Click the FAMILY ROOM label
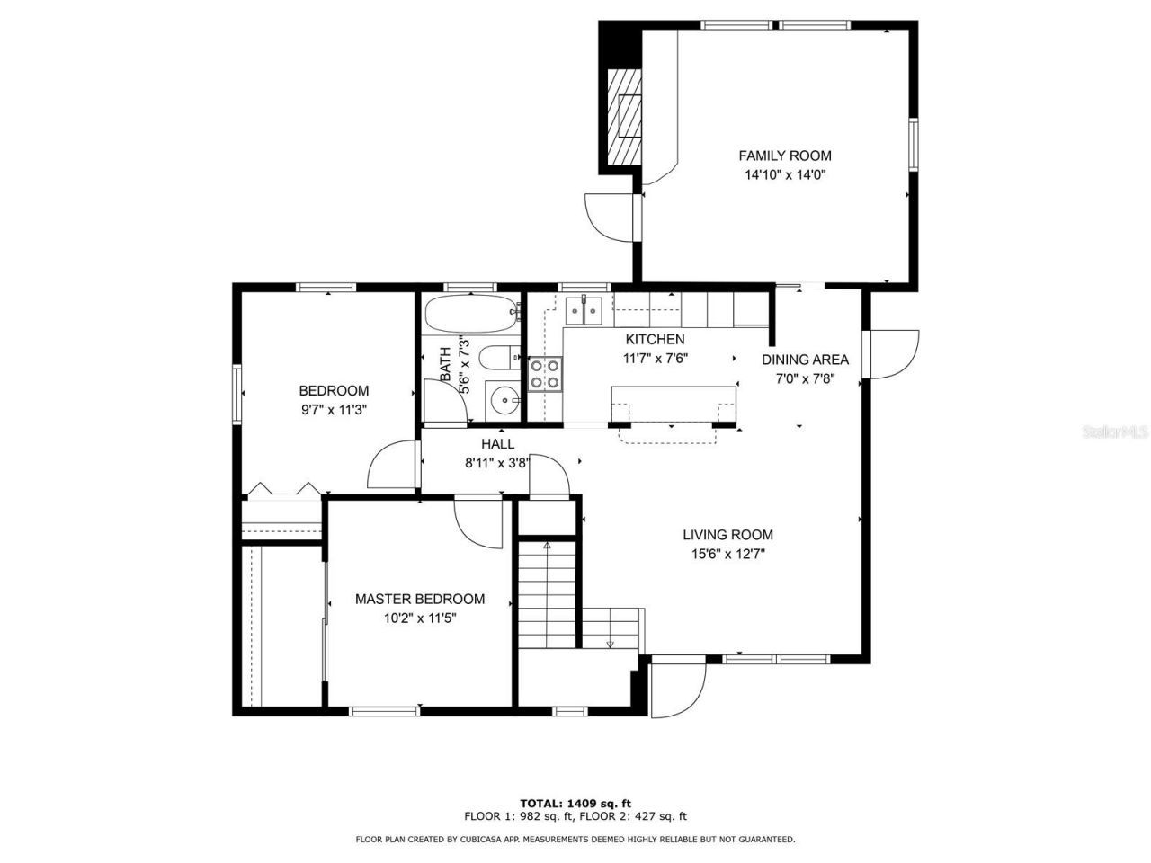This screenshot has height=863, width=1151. click(x=784, y=156)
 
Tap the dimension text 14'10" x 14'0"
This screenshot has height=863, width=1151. click(x=784, y=176)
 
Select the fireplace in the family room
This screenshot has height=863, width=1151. click(x=624, y=115)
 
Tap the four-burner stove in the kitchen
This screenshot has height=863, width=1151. click(x=545, y=374)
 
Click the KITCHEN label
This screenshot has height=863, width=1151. click(x=655, y=340)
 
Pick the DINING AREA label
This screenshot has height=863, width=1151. click(x=805, y=360)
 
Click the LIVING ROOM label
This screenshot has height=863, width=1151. click(x=727, y=535)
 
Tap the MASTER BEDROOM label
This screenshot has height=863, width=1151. click(x=419, y=599)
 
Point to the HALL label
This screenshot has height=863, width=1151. click(x=497, y=444)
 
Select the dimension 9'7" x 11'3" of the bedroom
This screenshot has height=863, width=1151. click(x=334, y=410)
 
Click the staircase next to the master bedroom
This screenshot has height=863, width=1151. click(x=546, y=593)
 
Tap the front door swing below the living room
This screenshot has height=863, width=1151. click(x=676, y=690)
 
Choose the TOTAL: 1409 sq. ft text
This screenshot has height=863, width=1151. click(x=575, y=803)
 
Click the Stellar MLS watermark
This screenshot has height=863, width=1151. click(x=1115, y=431)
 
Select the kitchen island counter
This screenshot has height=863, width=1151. click(x=673, y=402)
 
